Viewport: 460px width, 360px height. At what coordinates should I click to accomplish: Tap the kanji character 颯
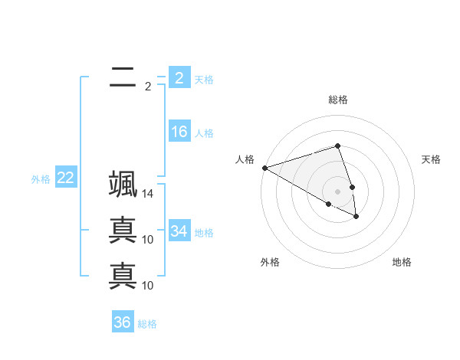pos(123,185)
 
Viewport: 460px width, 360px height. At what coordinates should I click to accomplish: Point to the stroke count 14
pos(148,195)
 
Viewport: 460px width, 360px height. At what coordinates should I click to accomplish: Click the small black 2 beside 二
pos(148,87)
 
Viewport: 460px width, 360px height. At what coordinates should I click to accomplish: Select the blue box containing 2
pos(179,77)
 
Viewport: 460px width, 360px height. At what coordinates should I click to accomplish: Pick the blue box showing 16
pos(179,132)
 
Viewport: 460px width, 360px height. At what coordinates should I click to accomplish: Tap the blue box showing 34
pos(179,231)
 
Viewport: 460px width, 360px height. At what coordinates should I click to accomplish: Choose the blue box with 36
pos(123,322)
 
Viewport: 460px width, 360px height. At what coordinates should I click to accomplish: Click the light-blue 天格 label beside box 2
pos(204,80)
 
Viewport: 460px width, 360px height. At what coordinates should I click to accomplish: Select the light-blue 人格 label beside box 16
pos(204,134)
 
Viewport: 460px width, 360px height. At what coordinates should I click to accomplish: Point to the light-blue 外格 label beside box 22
pos(41,180)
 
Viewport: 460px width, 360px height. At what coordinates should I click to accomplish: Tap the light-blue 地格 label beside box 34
pos(204,233)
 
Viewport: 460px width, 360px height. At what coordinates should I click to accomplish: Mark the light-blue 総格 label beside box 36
pos(147,325)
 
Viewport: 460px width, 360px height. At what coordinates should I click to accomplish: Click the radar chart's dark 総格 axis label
pos(338,100)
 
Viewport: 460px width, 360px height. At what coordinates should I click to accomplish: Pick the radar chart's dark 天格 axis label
pos(432,159)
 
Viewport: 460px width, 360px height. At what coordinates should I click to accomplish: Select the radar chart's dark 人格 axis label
pos(245,159)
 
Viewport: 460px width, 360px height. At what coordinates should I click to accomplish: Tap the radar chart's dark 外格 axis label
pos(270,262)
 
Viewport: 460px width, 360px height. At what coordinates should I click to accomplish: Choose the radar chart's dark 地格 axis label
pos(402,262)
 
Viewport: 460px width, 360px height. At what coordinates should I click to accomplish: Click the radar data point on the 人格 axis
pos(264,168)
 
